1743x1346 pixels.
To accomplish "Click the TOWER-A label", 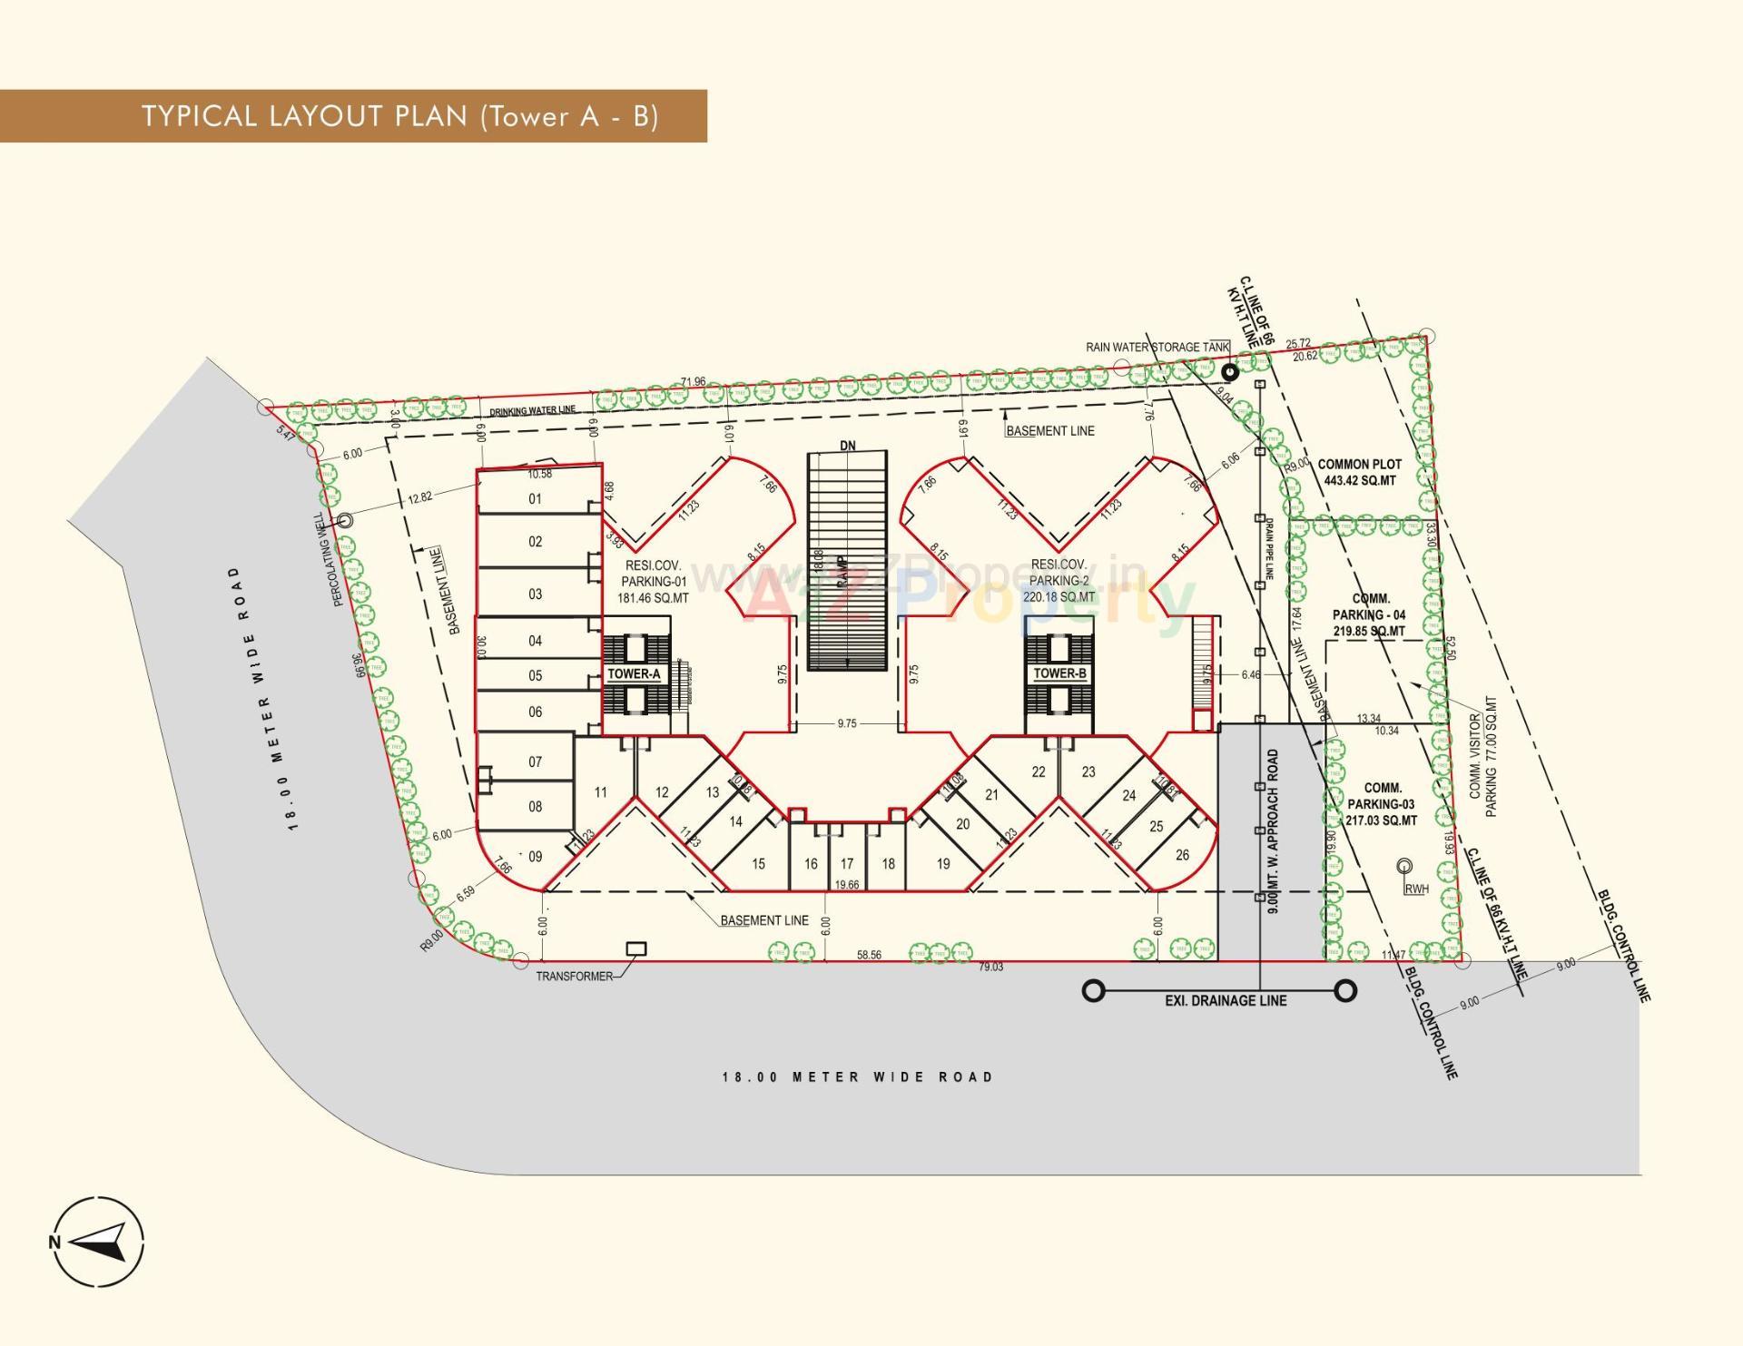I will coord(634,673).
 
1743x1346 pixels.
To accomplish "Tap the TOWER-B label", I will coord(1059,673).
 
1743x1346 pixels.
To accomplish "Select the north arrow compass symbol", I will coord(98,1242).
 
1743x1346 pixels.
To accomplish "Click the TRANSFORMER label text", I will coord(574,977).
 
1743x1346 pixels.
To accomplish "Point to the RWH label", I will coord(1416,889).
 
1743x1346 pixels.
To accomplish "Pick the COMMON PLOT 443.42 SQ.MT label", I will coord(1359,472).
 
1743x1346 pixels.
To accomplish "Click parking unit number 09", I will coord(535,856).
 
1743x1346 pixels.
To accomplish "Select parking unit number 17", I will coord(847,864).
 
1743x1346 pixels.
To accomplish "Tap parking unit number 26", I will coord(1182,854).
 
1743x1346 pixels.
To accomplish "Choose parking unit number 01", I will coord(535,498).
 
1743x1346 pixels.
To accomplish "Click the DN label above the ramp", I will coord(848,446).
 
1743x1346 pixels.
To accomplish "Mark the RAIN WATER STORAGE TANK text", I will coord(1157,347).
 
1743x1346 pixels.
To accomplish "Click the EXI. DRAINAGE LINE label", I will coord(1226,1000).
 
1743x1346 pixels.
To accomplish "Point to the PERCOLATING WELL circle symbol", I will coord(345,521).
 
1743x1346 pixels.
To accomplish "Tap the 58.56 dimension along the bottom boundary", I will coord(869,955).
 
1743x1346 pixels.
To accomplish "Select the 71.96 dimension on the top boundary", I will coord(694,381).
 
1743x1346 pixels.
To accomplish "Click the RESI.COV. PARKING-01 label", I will coord(653,582).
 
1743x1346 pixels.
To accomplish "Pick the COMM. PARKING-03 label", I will coord(1382,804).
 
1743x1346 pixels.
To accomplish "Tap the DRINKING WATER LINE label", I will coord(532,411).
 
